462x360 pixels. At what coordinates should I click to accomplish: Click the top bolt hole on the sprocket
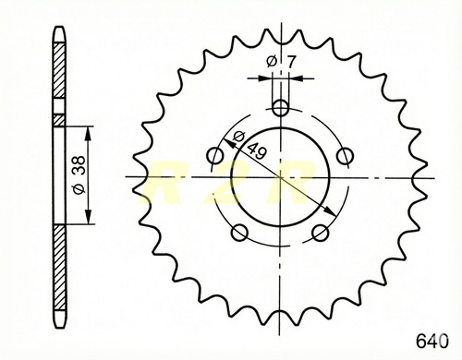point(281,108)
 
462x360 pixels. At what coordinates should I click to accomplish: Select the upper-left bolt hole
point(215,156)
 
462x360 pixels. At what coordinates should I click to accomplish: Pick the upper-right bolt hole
point(345,156)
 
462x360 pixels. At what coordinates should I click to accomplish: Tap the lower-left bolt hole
point(239,233)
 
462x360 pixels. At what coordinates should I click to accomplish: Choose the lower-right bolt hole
point(321,233)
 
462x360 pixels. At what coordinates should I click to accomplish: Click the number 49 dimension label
point(257,150)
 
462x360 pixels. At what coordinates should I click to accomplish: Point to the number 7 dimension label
point(290,62)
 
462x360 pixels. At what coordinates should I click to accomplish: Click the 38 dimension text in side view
point(79,165)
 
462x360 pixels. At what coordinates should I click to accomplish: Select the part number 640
point(432,341)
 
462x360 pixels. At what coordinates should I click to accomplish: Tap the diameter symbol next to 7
point(272,62)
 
